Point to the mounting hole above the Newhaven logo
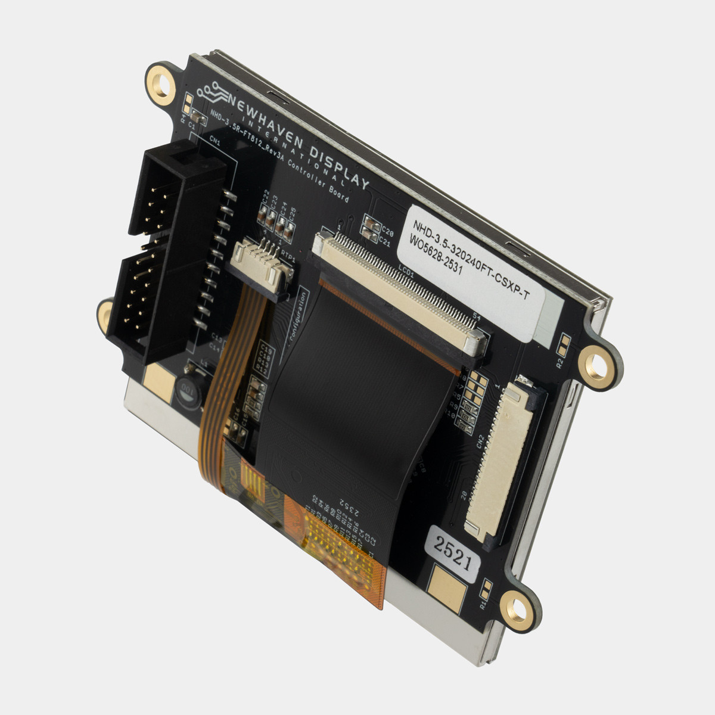tap(160, 79)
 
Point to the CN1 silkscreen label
tap(215, 143)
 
